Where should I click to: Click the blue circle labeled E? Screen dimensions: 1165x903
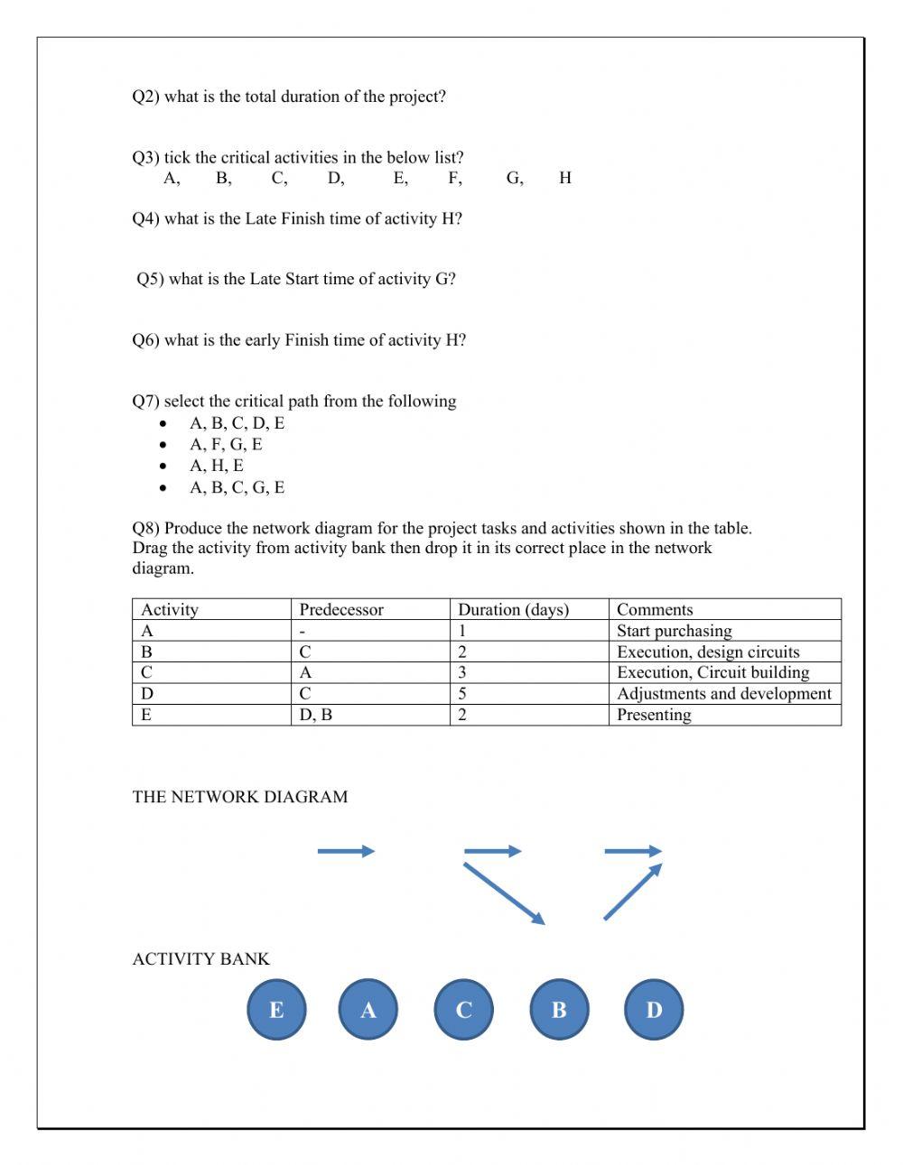click(276, 1010)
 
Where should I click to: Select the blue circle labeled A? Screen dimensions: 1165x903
click(368, 1010)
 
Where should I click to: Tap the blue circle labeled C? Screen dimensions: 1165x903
click(463, 1010)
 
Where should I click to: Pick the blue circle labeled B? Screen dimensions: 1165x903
click(558, 1010)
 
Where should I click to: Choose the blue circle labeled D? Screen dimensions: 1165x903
click(654, 1010)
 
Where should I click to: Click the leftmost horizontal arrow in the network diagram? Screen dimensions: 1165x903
click(346, 851)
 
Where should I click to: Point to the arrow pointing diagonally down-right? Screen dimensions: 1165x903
click(504, 893)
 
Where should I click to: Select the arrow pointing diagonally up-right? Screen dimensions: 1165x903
click(632, 892)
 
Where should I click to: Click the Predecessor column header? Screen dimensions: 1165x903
click(341, 609)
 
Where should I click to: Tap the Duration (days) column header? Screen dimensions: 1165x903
click(513, 609)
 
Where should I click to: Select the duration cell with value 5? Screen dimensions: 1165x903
click(462, 693)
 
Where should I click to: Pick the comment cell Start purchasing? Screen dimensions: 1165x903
click(674, 631)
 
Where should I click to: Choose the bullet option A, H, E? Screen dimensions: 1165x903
click(217, 466)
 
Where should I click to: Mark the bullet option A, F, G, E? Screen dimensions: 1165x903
click(226, 444)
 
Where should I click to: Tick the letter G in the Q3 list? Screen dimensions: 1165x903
click(514, 178)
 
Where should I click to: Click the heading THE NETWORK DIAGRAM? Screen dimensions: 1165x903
click(239, 797)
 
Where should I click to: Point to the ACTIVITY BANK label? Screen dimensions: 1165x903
click(200, 959)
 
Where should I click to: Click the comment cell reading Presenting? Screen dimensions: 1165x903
click(654, 715)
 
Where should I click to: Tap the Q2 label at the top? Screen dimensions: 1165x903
click(144, 97)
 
